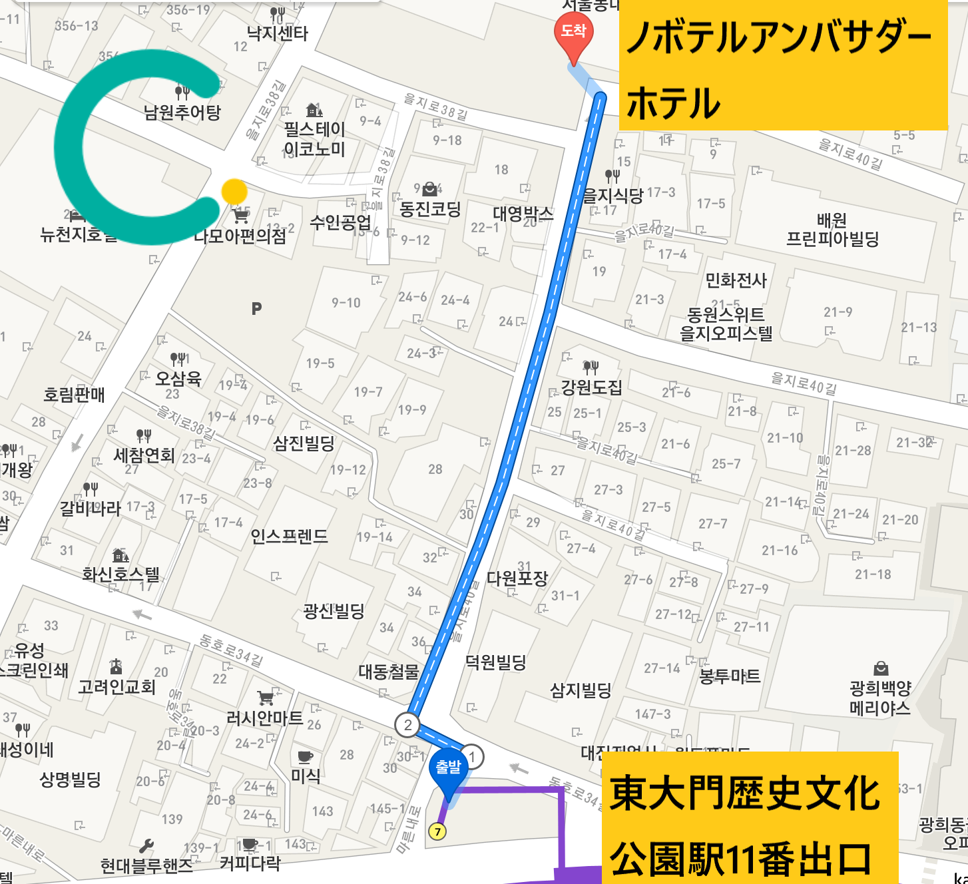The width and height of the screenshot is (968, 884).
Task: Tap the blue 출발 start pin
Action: tap(448, 771)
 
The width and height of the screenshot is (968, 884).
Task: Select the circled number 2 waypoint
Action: tap(407, 724)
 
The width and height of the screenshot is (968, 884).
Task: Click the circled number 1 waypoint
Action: tap(472, 756)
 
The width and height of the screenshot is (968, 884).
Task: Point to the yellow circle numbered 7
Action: tap(437, 831)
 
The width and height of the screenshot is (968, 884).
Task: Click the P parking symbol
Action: tap(257, 308)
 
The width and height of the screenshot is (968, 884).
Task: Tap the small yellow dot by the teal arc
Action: tap(234, 192)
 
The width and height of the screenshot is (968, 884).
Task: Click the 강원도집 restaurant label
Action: tap(591, 387)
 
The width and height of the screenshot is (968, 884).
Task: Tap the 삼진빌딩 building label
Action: tap(304, 443)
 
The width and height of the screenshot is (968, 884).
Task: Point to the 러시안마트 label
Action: tap(264, 718)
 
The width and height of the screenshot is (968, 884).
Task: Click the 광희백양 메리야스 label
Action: tap(879, 698)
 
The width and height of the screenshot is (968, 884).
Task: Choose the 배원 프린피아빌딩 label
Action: tap(832, 230)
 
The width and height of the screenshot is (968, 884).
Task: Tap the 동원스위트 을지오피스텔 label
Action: tap(726, 324)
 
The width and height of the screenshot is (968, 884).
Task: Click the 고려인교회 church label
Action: tap(117, 686)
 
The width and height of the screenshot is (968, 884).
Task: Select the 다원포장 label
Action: tap(517, 578)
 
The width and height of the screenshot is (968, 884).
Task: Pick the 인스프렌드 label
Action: tap(289, 536)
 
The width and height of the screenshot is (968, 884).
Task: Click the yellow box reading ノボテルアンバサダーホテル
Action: tap(783, 65)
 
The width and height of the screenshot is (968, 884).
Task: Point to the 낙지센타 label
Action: tap(278, 33)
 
